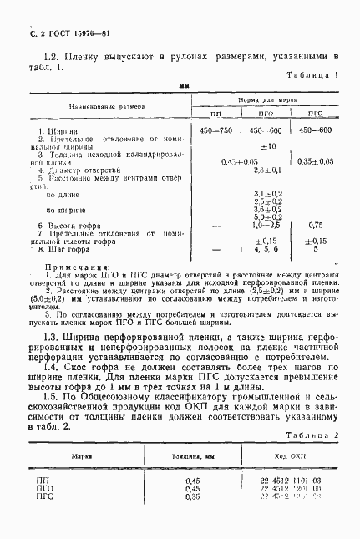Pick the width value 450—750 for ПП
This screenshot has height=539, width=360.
pyautogui.click(x=216, y=131)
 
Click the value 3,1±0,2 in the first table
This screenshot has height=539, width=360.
pyautogui.click(x=267, y=194)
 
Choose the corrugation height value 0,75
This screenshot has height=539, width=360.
pyautogui.click(x=315, y=225)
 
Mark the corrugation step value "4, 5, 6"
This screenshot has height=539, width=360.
pyautogui.click(x=266, y=248)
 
